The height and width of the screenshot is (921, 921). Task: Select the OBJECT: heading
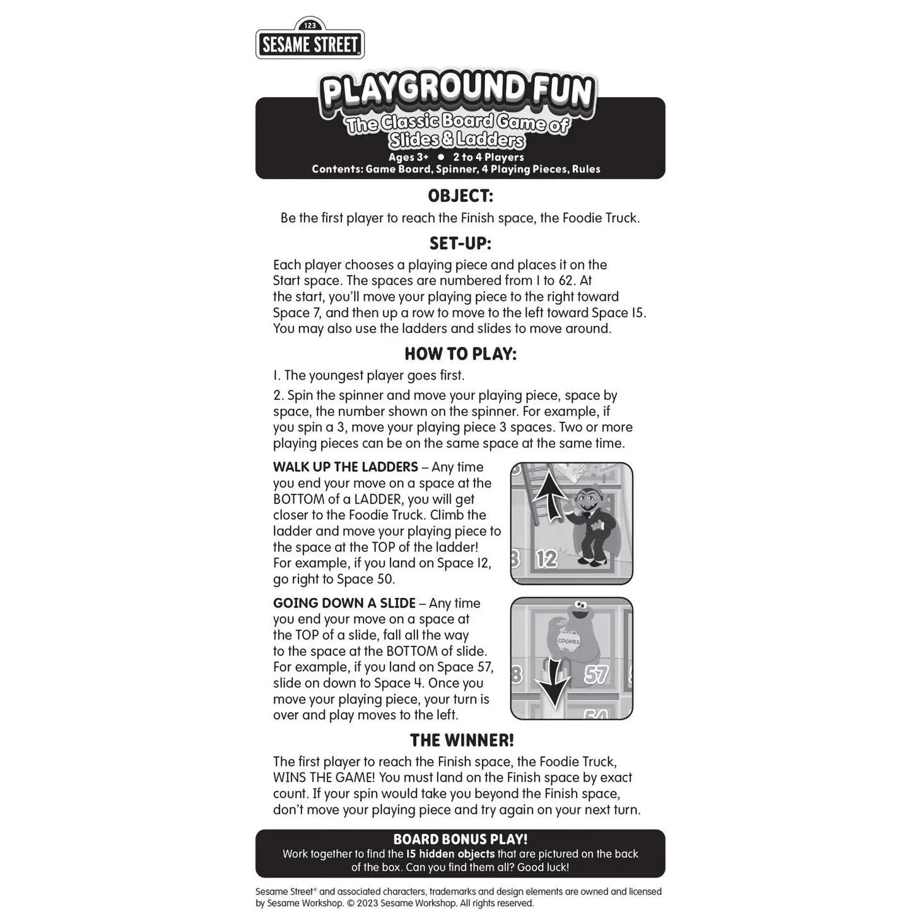click(460, 196)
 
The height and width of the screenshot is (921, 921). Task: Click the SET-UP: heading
click(460, 243)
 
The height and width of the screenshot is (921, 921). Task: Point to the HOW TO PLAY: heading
click(460, 354)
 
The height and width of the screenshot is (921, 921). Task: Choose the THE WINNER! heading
click(462, 740)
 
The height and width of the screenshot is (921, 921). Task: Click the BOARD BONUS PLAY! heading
click(460, 840)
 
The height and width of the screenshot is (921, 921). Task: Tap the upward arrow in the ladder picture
click(550, 499)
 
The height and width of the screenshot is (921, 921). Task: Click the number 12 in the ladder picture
click(548, 559)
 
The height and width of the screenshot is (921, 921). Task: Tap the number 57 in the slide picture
click(595, 675)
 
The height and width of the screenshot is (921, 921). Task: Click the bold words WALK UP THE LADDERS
click(345, 467)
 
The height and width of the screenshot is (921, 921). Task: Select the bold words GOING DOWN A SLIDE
click(344, 604)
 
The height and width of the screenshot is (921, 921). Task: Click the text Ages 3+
click(408, 157)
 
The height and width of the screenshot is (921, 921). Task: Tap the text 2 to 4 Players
click(488, 157)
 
